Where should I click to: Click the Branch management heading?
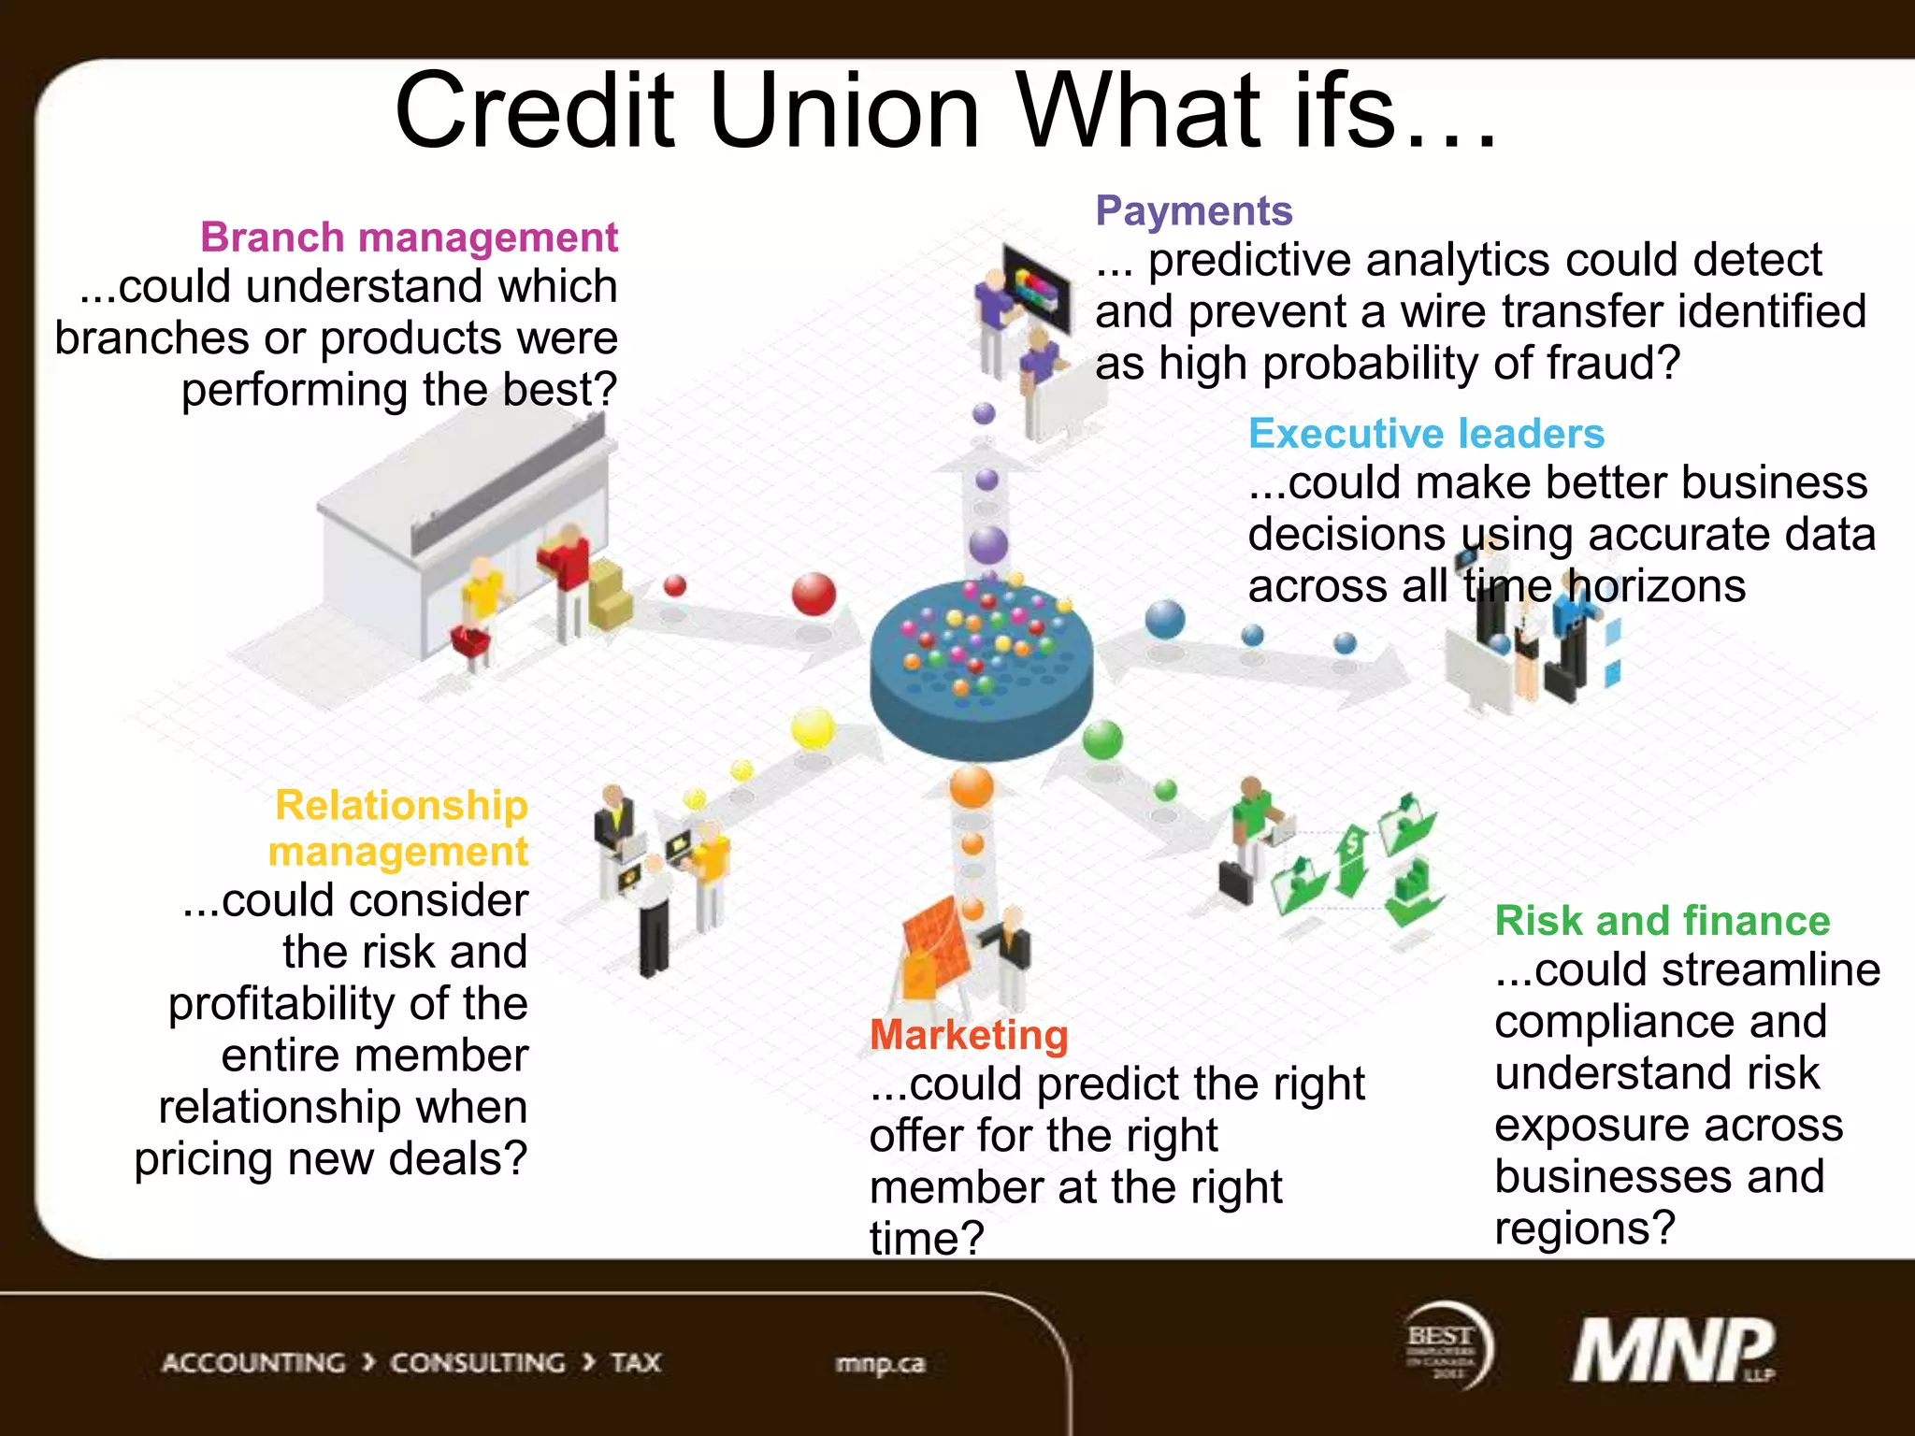pyautogui.click(x=409, y=237)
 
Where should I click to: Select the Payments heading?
pyautogui.click(x=1194, y=211)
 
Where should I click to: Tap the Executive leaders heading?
pyautogui.click(x=1426, y=434)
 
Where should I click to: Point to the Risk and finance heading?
pyautogui.click(x=1662, y=921)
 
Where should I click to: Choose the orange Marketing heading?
pyautogui.click(x=969, y=1035)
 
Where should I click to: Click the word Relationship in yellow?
pyautogui.click(x=401, y=805)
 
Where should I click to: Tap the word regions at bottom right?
pyautogui.click(x=1584, y=1228)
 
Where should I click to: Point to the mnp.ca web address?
pyautogui.click(x=880, y=1364)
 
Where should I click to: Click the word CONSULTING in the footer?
pyautogui.click(x=477, y=1363)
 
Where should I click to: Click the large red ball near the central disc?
pyautogui.click(x=814, y=595)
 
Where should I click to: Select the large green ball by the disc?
pyautogui.click(x=1102, y=740)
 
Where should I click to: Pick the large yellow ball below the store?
pyautogui.click(x=813, y=728)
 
